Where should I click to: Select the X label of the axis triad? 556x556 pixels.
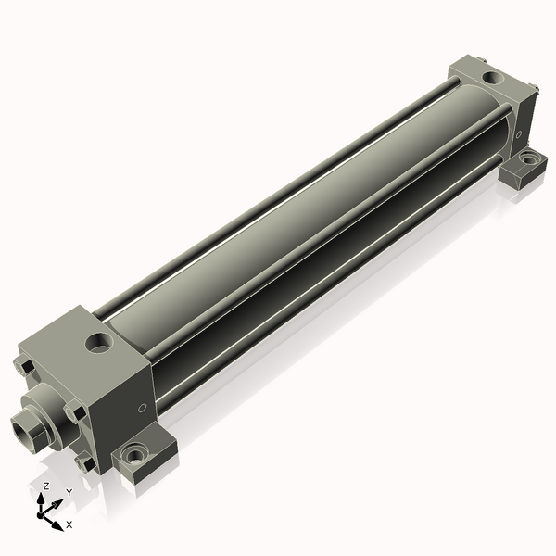(69, 524)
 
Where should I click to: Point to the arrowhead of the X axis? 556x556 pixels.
(57, 520)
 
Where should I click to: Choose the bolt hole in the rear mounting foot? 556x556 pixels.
(527, 159)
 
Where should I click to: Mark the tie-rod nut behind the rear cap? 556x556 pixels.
(535, 90)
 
